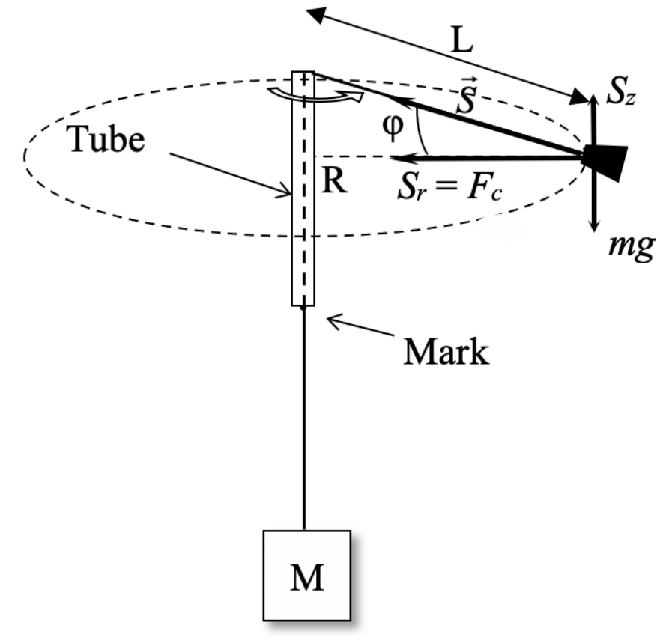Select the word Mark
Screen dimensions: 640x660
(446, 350)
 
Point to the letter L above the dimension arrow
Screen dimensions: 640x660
(462, 42)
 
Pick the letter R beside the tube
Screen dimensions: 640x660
(334, 182)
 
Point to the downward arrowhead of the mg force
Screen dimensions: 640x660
(594, 225)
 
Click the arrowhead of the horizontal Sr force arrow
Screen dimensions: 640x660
(396, 158)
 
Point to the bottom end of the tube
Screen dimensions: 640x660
(303, 304)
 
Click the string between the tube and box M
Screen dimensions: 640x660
(303, 419)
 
